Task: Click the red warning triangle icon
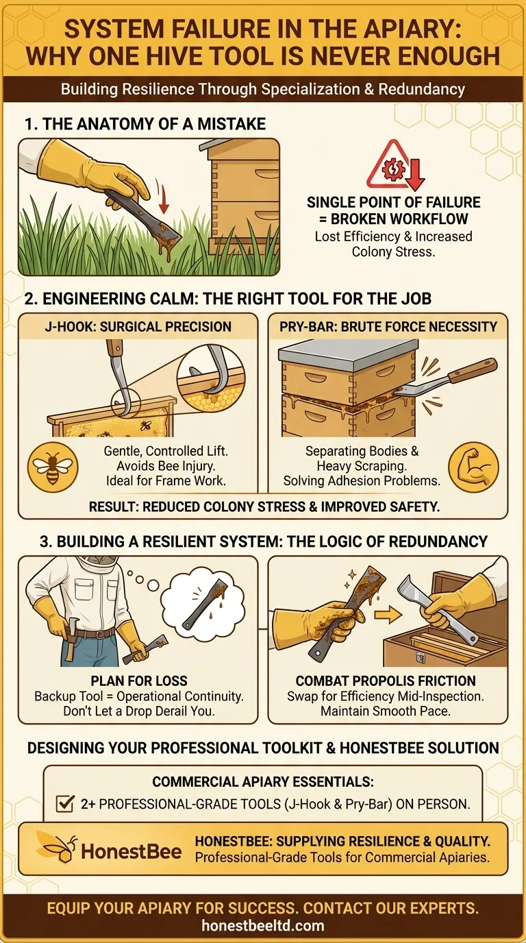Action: (x=393, y=167)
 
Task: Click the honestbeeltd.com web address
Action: (x=263, y=926)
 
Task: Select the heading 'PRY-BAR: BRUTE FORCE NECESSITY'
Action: (x=388, y=326)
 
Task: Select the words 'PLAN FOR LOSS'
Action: (x=138, y=681)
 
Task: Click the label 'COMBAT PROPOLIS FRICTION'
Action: (x=386, y=681)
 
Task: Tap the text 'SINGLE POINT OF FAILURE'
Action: (x=393, y=203)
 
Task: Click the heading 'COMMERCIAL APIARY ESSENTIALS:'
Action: (x=262, y=782)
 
